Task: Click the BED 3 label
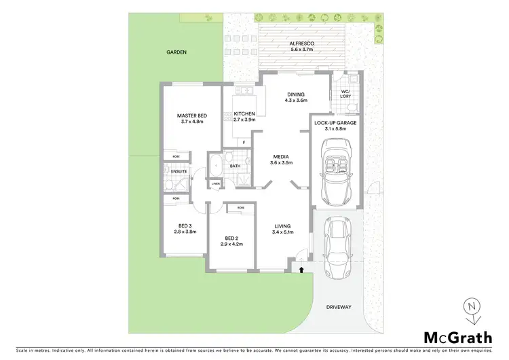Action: (x=185, y=228)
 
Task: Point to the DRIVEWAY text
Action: (x=339, y=307)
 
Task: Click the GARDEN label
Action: (x=177, y=52)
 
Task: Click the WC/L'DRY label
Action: (x=345, y=94)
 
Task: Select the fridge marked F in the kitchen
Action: (x=244, y=142)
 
